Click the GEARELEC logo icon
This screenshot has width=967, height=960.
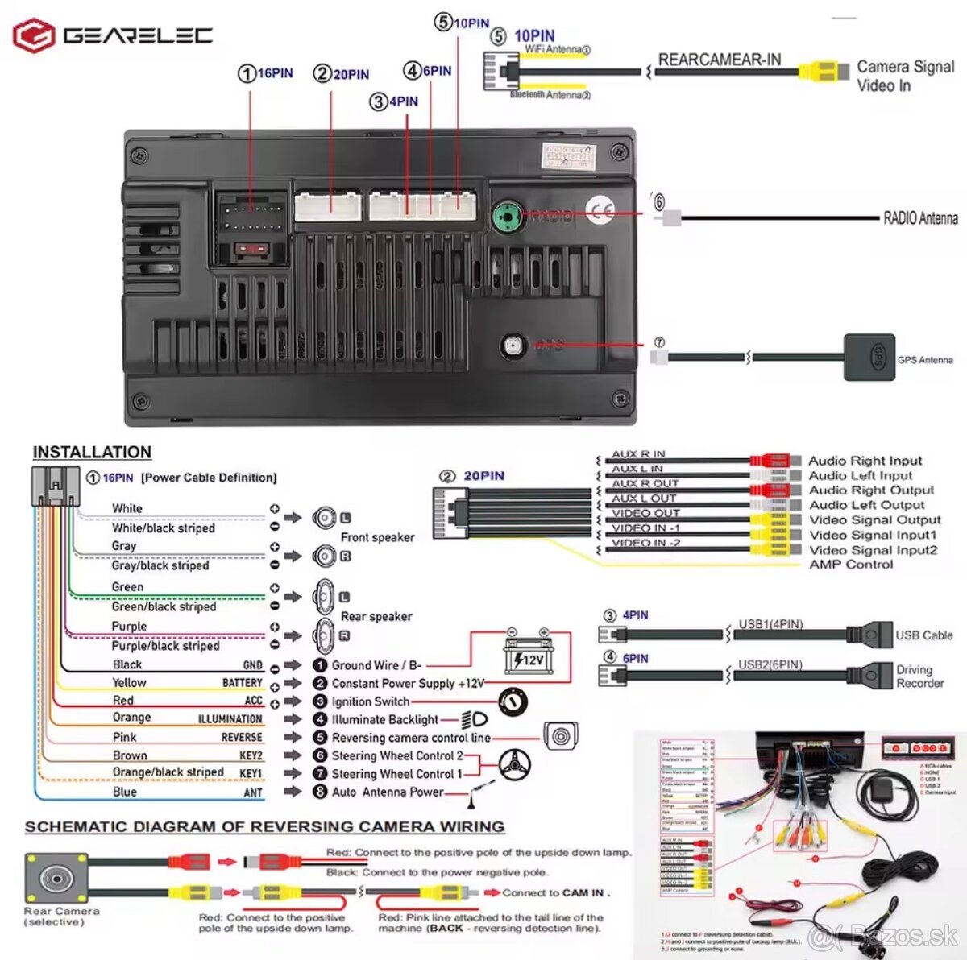click(x=34, y=35)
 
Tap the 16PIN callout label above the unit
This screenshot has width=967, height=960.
click(x=266, y=73)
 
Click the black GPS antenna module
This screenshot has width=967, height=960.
click(x=869, y=357)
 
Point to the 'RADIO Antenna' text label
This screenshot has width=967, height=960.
click(x=920, y=217)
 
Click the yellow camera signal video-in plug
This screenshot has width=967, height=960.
click(x=822, y=72)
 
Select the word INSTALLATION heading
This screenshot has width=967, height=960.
click(x=92, y=453)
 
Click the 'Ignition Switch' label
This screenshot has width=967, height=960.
click(x=371, y=701)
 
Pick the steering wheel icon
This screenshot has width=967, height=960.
click(x=514, y=763)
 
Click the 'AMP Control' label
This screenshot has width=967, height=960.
click(x=851, y=565)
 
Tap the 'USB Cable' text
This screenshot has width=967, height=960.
click(x=923, y=635)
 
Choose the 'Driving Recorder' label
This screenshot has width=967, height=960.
click(x=919, y=677)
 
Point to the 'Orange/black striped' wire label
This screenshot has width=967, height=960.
click(x=168, y=772)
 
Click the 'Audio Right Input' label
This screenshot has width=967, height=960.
click(x=865, y=461)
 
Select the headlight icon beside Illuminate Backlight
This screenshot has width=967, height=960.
click(x=474, y=719)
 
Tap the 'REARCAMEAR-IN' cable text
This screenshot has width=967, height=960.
click(x=720, y=60)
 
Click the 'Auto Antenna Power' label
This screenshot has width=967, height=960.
click(x=388, y=792)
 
